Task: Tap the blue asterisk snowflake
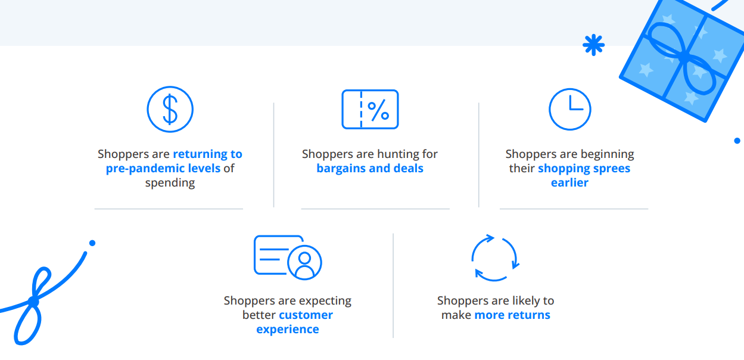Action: [593, 45]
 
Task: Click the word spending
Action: [170, 183]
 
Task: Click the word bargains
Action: [341, 169]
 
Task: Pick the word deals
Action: [408, 168]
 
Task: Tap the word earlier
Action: [569, 182]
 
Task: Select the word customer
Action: [306, 315]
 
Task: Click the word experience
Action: [288, 330]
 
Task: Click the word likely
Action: [526, 301]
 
